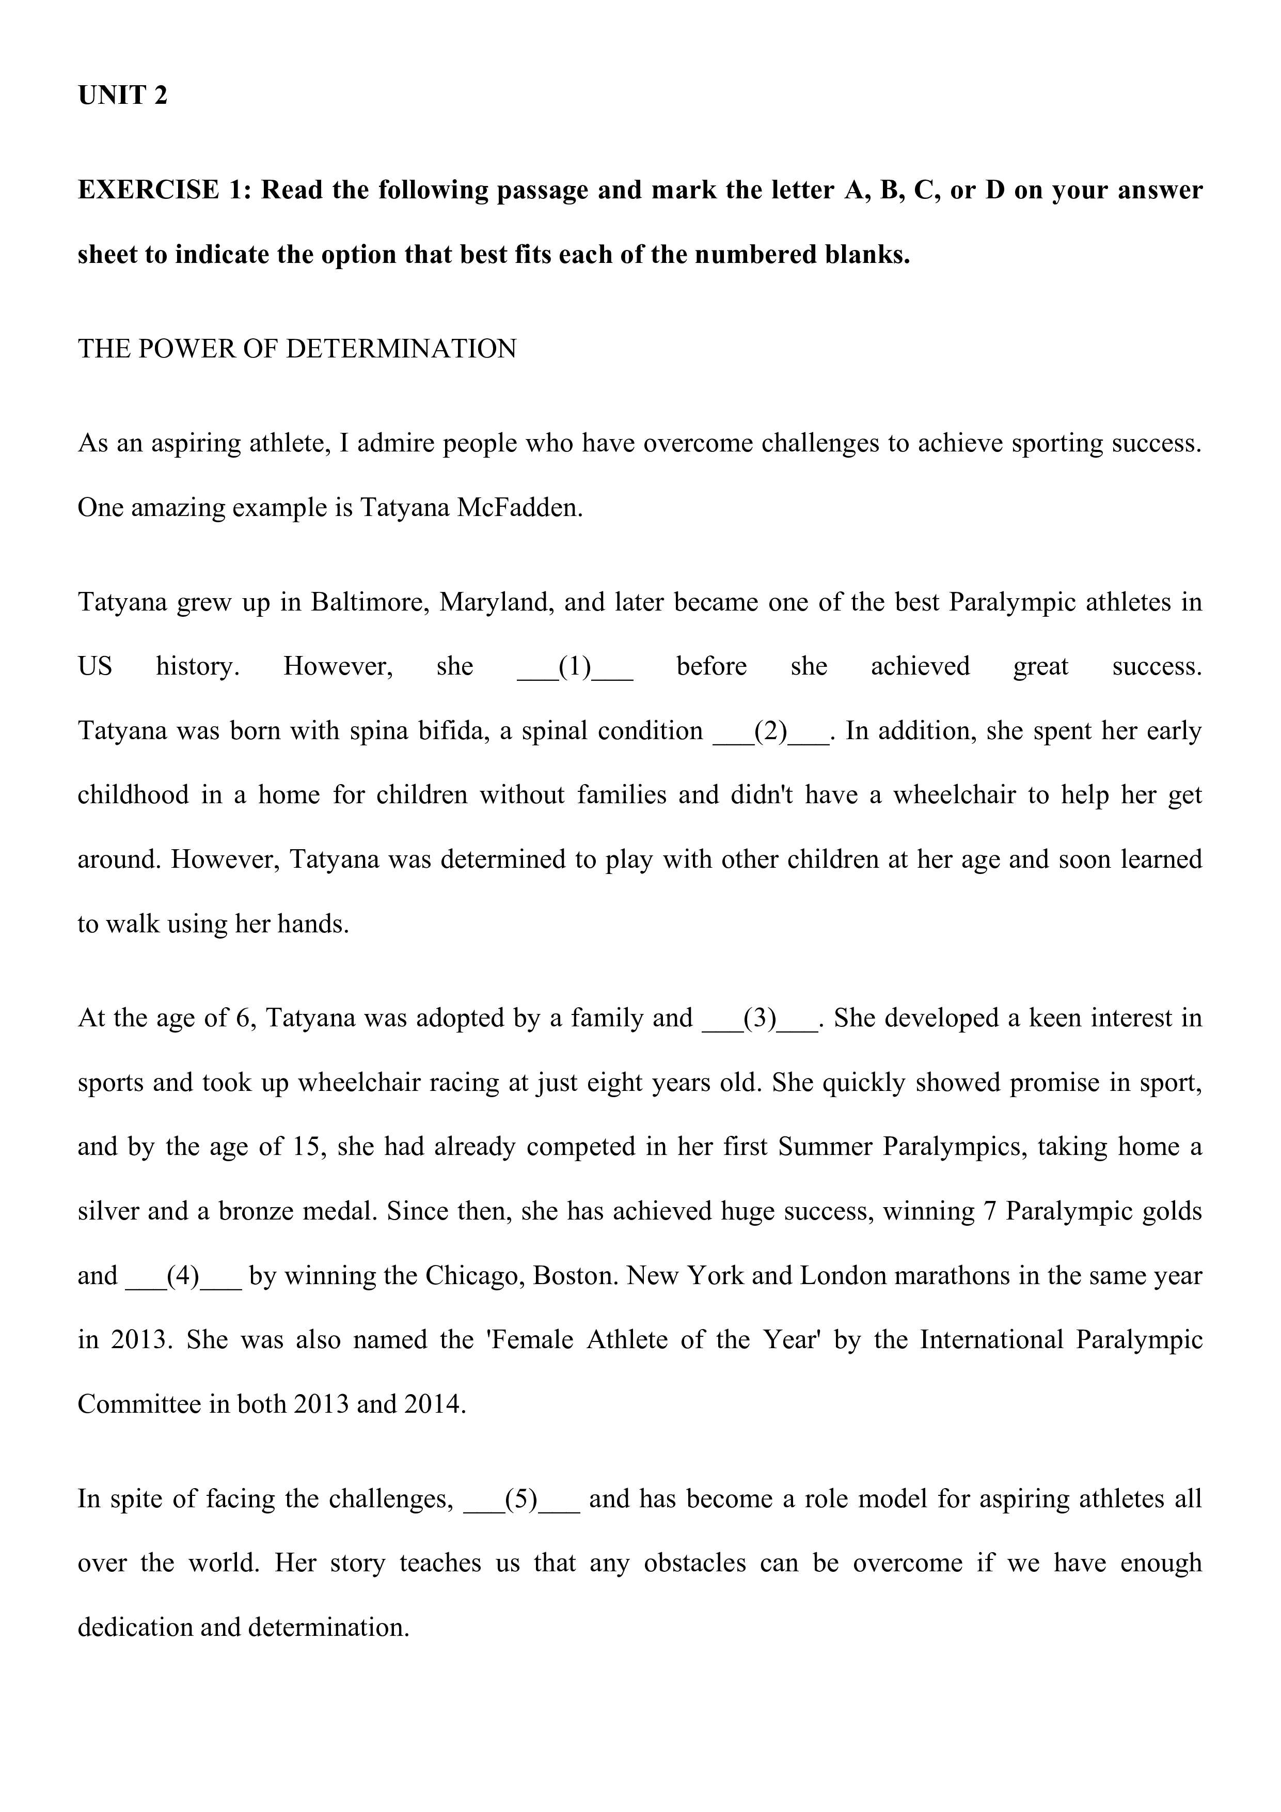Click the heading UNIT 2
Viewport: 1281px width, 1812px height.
122,96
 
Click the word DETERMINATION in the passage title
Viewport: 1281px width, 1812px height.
401,349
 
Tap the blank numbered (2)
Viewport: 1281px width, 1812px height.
771,731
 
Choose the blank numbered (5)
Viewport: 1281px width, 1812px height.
521,1498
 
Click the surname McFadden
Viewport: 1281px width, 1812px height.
520,507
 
